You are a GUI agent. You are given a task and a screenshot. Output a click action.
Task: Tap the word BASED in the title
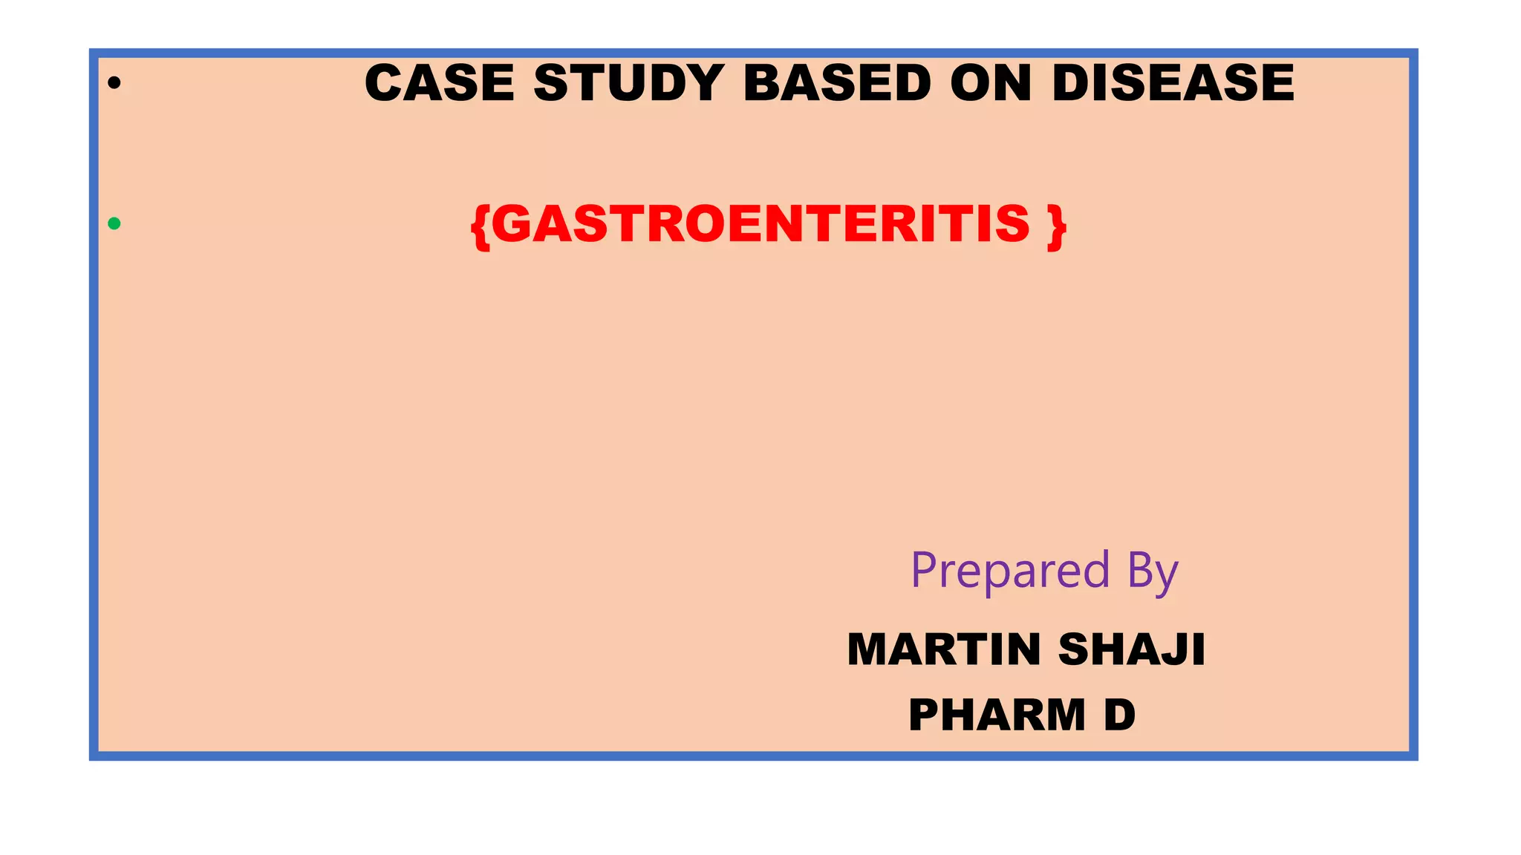(837, 82)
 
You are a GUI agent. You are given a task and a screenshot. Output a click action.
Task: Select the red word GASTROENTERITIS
(760, 223)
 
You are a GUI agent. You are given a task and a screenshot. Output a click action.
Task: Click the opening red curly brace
(480, 226)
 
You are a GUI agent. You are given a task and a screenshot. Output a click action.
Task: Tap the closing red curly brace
(1057, 226)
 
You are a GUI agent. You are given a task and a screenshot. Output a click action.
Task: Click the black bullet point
(114, 83)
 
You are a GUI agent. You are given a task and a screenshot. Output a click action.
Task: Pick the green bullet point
(114, 223)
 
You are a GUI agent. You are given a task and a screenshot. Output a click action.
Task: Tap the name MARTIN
(944, 649)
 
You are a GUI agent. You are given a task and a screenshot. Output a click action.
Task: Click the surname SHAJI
(1131, 649)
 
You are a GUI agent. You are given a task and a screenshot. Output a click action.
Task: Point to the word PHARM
(997, 715)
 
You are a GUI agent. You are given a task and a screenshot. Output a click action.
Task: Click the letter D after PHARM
(1120, 715)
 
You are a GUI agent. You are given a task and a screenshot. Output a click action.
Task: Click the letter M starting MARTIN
(869, 649)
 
